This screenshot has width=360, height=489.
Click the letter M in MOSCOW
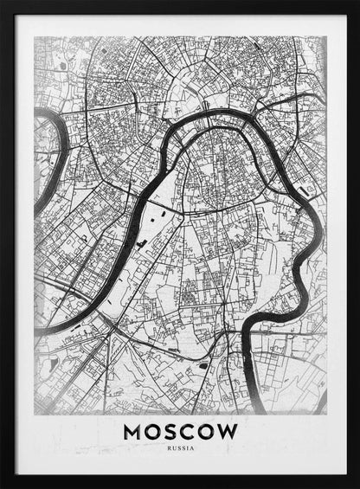(x=133, y=430)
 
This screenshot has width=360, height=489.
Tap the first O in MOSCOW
(x=155, y=430)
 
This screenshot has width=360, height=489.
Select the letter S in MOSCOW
(x=174, y=430)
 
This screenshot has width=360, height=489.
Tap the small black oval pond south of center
(x=202, y=365)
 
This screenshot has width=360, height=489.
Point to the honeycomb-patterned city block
(x=187, y=297)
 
